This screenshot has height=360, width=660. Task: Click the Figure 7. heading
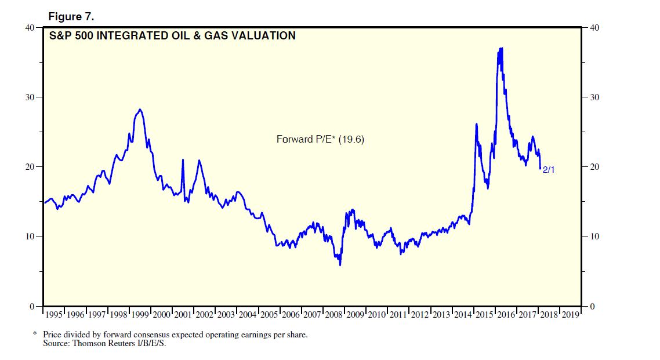[x=71, y=16]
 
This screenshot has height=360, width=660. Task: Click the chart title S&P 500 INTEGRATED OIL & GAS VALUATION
[x=172, y=36]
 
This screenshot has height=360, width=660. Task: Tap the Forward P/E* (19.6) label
[x=320, y=139]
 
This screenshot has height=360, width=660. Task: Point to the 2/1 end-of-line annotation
[x=549, y=171]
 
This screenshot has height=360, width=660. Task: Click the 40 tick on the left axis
[x=29, y=27]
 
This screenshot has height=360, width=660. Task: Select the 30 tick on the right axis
[x=593, y=97]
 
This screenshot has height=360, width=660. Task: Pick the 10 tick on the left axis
[x=29, y=237]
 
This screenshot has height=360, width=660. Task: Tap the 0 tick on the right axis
[x=591, y=306]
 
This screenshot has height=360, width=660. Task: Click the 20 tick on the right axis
[x=593, y=167]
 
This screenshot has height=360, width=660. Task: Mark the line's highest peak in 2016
[x=501, y=48]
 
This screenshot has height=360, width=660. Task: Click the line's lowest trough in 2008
[x=340, y=265]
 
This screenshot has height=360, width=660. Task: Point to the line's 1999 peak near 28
[x=140, y=109]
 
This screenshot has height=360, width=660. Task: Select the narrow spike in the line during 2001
[x=183, y=159]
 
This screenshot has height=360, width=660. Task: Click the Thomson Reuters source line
[x=104, y=343]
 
